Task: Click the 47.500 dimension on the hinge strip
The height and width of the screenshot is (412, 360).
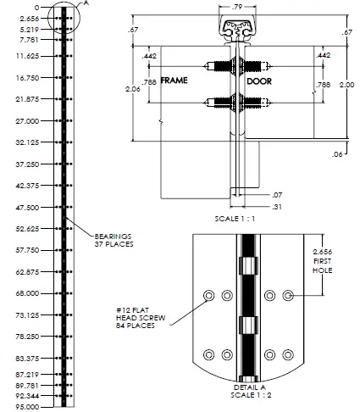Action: [28, 207]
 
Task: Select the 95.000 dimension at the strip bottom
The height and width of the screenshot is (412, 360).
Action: [28, 408]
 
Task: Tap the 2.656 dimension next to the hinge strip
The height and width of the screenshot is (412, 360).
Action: [28, 17]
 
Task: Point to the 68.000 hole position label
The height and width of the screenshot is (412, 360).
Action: [28, 293]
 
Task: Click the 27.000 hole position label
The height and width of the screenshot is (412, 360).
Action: [28, 120]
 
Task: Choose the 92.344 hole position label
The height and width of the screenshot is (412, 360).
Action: [28, 395]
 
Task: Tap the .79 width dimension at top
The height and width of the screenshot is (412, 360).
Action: [239, 7]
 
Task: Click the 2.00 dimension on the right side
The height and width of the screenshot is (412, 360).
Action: [346, 85]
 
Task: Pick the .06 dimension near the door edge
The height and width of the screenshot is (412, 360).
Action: [339, 155]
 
